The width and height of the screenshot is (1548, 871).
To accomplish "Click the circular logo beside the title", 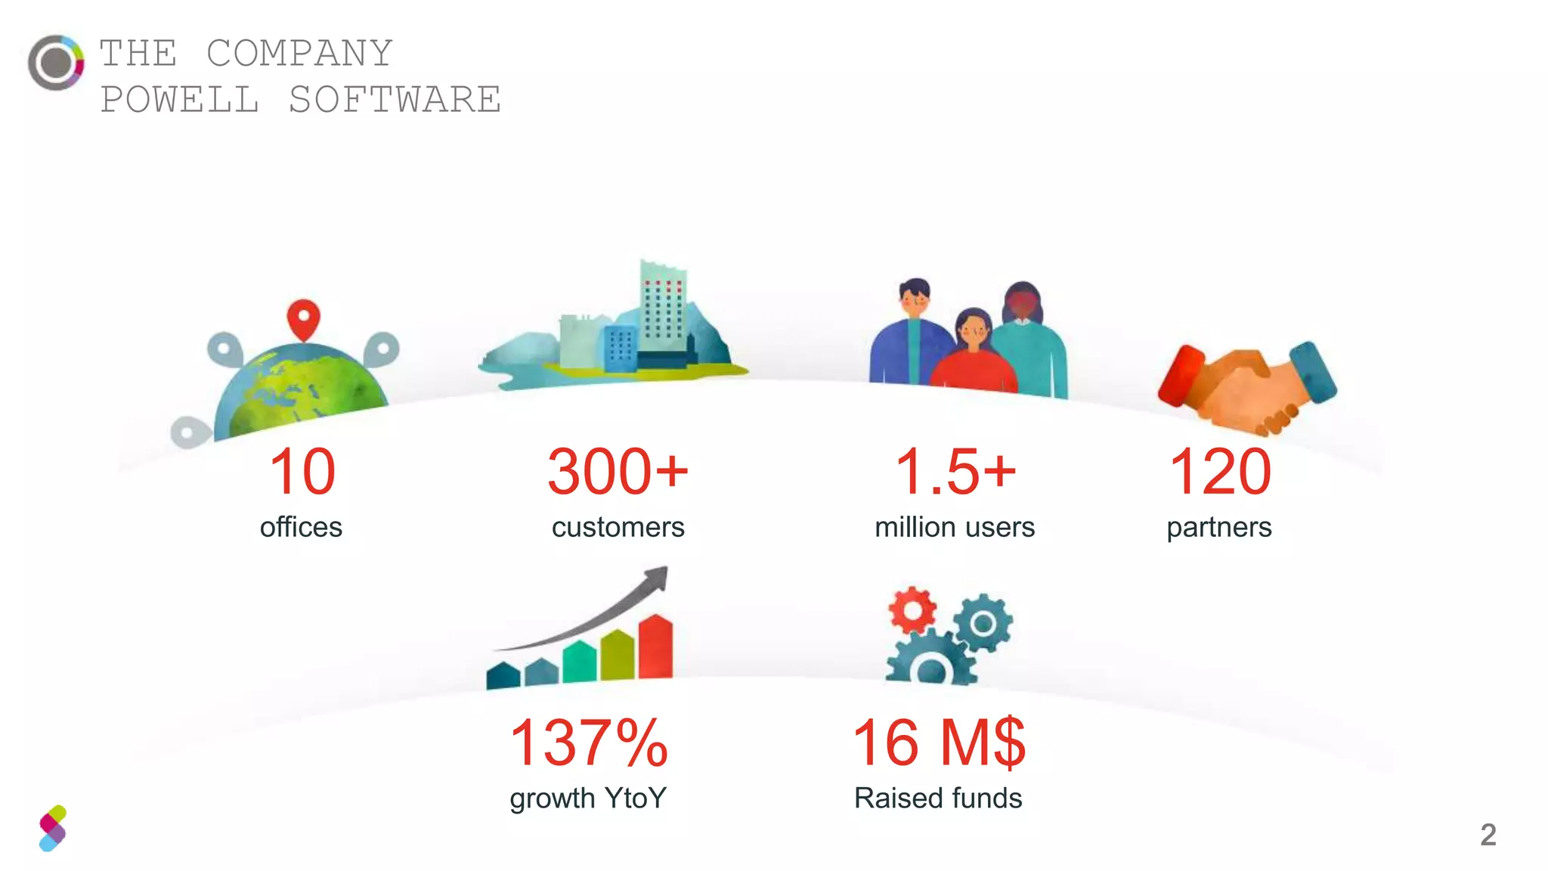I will pos(55,63).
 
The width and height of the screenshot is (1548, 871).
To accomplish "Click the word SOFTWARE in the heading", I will pos(395,100).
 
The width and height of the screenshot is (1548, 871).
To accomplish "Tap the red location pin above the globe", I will pos(303,318).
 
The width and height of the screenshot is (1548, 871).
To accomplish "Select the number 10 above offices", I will pos(302,472).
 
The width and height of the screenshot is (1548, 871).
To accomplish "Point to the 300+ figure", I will pos(618,472).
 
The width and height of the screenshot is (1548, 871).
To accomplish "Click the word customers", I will pos(618,527).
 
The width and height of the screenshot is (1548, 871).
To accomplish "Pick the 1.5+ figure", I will pos(955,472).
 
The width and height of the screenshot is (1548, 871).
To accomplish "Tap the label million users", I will pos(954,527).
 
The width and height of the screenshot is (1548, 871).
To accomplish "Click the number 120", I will pos(1219,472).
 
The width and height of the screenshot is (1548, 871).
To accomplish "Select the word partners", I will pos(1218,527).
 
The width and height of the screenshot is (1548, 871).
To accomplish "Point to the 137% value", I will pos(589,742).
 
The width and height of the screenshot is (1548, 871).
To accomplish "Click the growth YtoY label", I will pos(588,798).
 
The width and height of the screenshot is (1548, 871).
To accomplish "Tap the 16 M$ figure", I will pos(938,742).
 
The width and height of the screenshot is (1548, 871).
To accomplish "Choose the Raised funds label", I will pos(937,798).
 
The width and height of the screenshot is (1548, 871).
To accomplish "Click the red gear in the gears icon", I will pos(912,609).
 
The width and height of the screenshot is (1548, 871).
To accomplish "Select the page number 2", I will pos(1488,835).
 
